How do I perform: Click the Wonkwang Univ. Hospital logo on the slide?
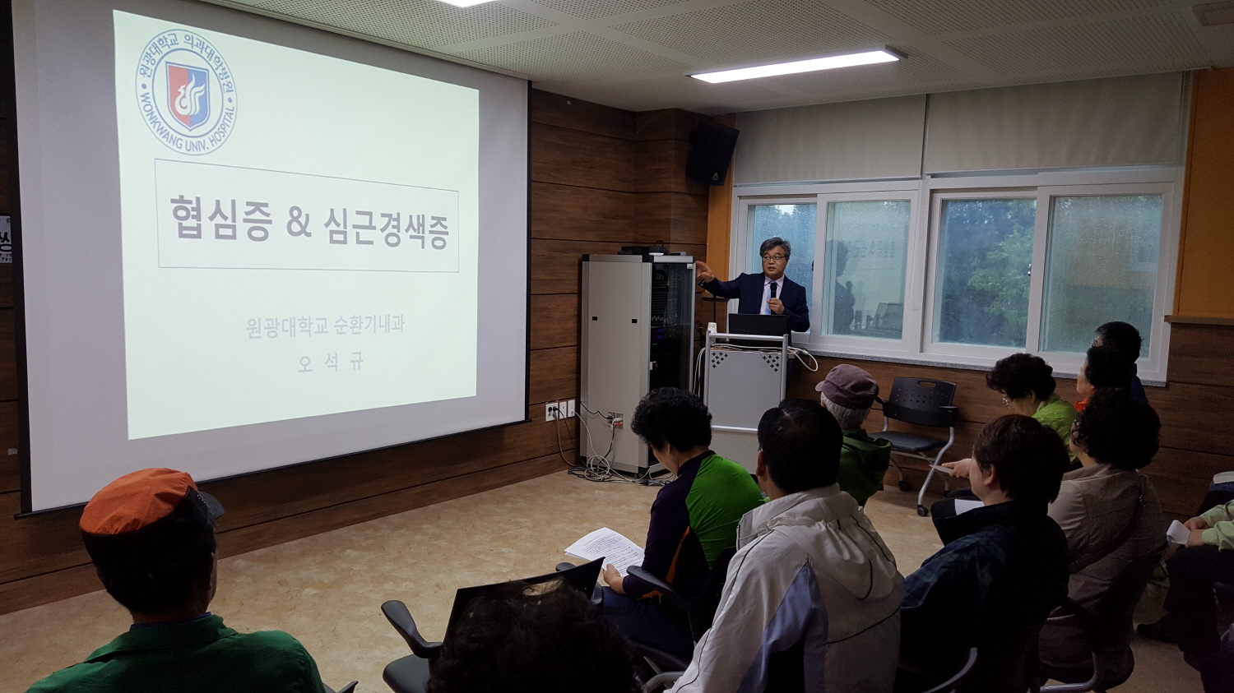pos(186,92)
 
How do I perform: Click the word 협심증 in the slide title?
pos(220,218)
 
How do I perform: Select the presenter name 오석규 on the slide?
pos(329,363)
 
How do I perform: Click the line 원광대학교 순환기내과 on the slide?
pos(326,326)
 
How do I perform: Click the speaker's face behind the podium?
pos(774,261)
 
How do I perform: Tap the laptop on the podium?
pos(758,325)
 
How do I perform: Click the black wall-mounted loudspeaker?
pos(712,153)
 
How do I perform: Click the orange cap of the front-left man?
pos(140,499)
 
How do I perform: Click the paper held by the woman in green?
pos(605,547)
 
